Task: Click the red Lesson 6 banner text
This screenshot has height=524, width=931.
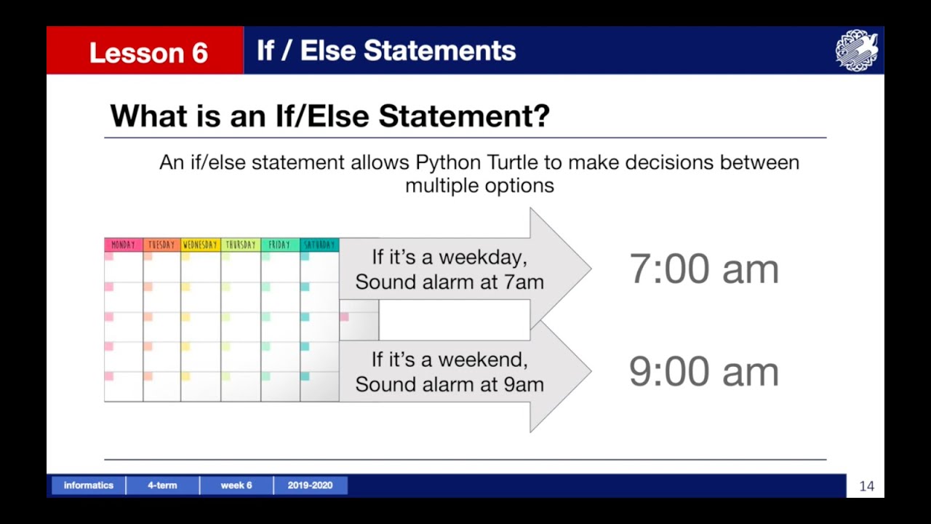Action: pos(148,52)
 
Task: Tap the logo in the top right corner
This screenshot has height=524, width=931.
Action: pos(856,50)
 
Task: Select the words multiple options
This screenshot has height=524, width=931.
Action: pos(479,185)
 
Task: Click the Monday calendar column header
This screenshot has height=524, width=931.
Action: pos(123,245)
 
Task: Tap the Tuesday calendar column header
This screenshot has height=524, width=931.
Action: pos(161,245)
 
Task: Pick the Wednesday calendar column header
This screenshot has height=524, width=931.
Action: pos(200,245)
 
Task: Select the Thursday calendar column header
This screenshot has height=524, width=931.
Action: pos(240,245)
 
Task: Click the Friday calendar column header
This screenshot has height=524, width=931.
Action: pos(279,245)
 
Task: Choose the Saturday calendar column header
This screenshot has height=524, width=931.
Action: pos(319,245)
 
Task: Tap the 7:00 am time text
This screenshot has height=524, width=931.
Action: pos(703,269)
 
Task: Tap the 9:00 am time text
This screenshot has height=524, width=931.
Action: pos(703,371)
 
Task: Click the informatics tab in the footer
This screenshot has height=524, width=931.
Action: pos(89,485)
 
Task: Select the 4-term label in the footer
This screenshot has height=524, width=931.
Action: pos(162,485)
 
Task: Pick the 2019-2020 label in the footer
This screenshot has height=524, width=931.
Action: pos(310,485)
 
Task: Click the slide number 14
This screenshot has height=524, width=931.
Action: pos(866,486)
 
